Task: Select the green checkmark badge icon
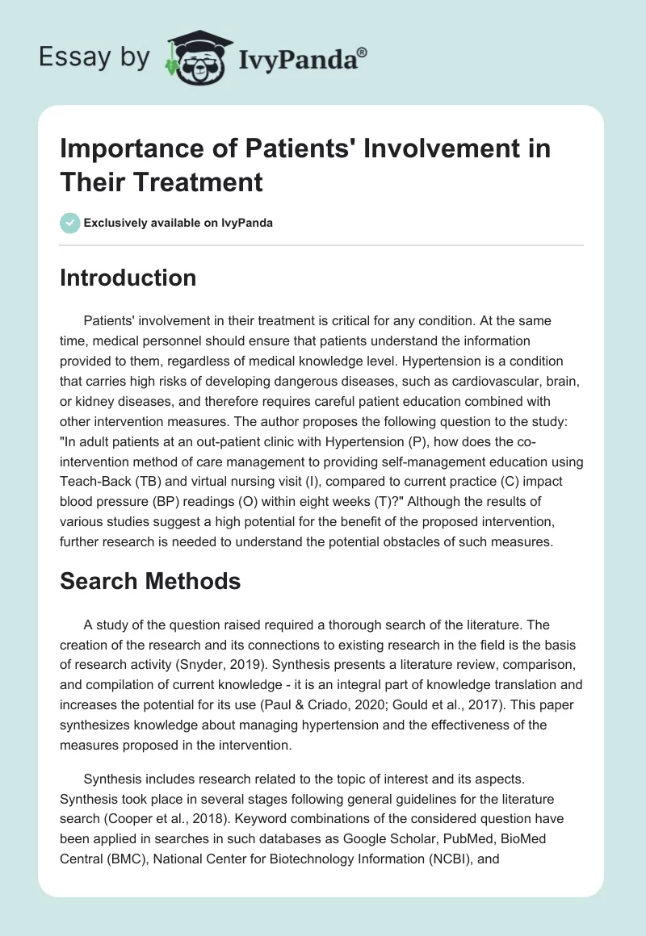coord(70,223)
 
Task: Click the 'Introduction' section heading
coord(128,278)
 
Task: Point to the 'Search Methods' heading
coord(150,582)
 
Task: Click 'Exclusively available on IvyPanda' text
coord(178,223)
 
